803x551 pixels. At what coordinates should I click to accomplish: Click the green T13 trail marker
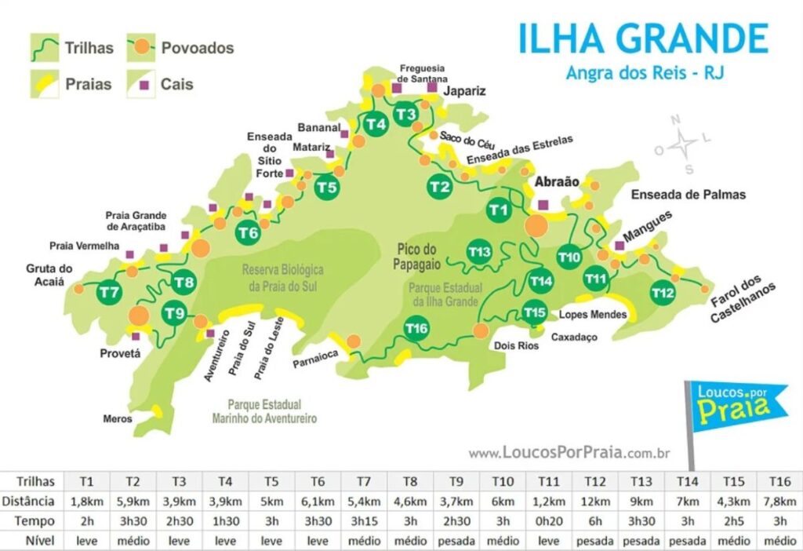(x=479, y=251)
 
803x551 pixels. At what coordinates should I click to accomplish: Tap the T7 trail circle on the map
(x=110, y=293)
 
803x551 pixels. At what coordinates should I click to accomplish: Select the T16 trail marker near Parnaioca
(x=417, y=328)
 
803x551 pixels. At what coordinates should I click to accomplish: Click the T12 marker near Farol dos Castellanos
(x=663, y=294)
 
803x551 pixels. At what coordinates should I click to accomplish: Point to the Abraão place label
(x=556, y=182)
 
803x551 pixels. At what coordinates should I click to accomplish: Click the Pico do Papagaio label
(x=415, y=257)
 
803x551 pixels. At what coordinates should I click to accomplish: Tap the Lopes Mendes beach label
(x=593, y=314)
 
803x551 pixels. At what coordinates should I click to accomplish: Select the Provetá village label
(x=120, y=353)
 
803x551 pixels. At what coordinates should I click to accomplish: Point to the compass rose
(x=683, y=144)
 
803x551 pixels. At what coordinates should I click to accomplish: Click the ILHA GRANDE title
(x=643, y=39)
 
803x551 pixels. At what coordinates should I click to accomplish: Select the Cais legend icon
(x=142, y=83)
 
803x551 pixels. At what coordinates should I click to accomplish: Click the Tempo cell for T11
(x=550, y=520)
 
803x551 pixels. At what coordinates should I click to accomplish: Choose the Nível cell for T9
(x=457, y=541)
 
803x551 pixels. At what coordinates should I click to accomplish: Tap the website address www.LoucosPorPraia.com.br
(x=569, y=453)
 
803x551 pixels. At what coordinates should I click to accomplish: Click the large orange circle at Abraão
(x=537, y=225)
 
